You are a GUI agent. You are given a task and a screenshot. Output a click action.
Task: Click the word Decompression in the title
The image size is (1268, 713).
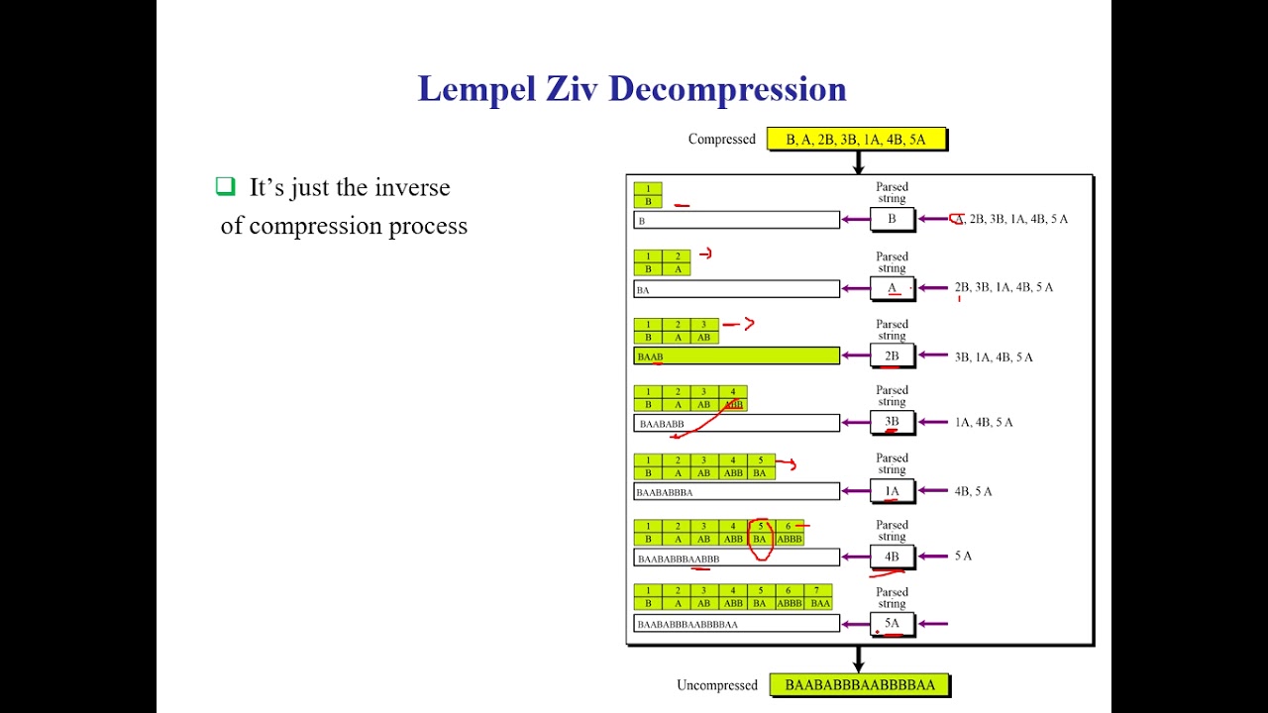tap(727, 89)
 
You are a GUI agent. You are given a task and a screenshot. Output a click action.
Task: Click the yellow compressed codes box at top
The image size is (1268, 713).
tap(856, 140)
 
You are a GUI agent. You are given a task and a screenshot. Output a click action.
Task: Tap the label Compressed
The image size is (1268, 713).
tap(721, 140)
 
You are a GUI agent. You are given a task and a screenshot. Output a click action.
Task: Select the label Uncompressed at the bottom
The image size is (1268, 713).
tap(716, 685)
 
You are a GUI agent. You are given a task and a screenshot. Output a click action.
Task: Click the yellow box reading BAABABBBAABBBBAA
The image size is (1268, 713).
tap(859, 685)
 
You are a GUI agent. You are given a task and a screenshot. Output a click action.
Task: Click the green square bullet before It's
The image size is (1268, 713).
tap(226, 186)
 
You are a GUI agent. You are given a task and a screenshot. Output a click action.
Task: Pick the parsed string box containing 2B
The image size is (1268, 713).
tap(892, 356)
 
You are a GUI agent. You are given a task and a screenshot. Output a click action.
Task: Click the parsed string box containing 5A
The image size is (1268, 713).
tap(892, 624)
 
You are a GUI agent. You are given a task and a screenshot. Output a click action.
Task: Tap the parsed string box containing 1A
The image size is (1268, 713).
tap(892, 491)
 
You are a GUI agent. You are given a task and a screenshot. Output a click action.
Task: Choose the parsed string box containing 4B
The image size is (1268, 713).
tap(892, 557)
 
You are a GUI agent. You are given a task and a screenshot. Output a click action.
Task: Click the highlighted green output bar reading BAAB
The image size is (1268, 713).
tap(736, 356)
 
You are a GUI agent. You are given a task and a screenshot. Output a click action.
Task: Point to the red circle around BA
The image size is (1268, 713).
tap(761, 540)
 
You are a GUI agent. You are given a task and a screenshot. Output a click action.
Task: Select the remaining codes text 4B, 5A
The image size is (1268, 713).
tap(973, 491)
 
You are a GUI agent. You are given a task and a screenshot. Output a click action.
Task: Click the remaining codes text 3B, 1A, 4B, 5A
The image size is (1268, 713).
tap(993, 356)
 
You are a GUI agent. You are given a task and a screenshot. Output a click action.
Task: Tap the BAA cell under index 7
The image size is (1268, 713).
tap(819, 603)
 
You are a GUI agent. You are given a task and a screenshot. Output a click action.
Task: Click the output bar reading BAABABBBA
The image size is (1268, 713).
tap(736, 491)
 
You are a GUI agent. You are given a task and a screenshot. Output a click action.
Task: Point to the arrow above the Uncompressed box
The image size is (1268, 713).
tap(859, 659)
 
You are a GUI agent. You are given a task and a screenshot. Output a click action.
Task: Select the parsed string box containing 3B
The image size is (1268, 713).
tap(892, 423)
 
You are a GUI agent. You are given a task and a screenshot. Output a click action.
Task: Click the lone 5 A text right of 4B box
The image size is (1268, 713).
tap(963, 557)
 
